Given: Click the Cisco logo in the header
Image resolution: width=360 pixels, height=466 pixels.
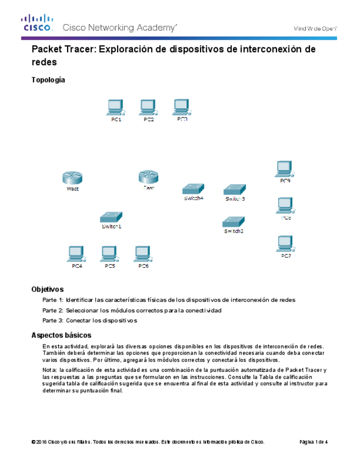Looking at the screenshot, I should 37,24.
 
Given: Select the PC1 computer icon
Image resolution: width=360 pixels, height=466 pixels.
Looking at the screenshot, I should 115,107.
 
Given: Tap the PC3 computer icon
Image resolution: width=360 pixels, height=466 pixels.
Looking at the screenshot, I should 181,106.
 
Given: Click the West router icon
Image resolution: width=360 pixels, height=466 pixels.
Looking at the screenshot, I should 71,177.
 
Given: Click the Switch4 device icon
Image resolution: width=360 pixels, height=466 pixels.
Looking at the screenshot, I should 194,188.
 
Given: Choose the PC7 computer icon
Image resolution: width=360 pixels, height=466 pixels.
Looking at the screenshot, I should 285,244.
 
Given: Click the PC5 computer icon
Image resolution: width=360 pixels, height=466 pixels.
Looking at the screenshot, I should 109,254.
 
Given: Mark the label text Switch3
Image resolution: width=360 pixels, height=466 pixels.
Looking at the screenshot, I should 235,199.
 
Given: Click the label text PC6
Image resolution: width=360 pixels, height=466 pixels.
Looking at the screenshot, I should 143,267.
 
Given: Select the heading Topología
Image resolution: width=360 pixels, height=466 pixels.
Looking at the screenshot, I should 48,80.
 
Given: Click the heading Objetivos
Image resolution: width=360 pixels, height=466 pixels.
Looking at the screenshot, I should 47,289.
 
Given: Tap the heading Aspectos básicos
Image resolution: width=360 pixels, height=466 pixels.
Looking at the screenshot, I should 61,335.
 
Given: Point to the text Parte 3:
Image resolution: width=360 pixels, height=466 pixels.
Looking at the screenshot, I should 53,320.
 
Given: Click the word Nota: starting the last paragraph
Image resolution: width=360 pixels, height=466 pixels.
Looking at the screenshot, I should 50,370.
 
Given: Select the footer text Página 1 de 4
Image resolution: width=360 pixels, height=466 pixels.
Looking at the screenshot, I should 313,442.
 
